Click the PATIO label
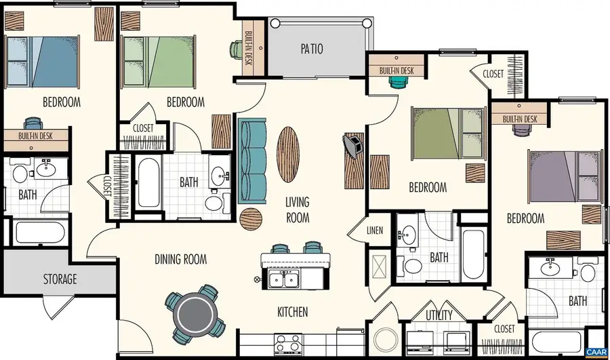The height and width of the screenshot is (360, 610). pos(312,49)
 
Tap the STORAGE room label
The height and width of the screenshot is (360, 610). pos(60,279)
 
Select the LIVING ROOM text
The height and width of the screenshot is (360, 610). pos(297,209)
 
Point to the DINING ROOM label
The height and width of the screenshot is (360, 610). pos(180,259)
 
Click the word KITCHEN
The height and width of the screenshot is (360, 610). pos(293,313)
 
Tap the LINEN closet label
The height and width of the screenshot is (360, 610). pos(375,231)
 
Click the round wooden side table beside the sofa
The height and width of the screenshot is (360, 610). pos(251,218)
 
